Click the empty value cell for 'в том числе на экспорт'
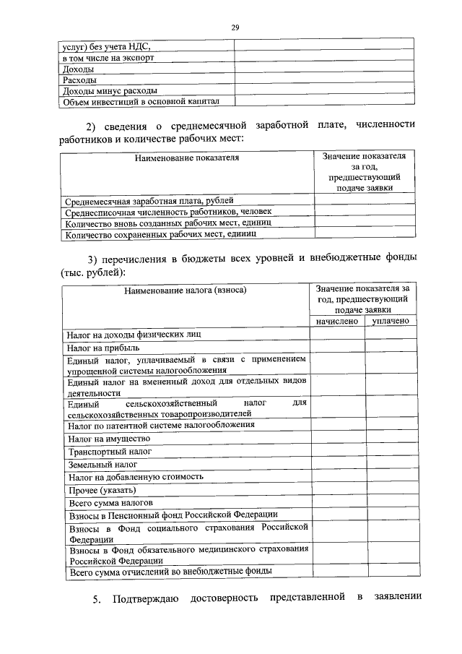coord(323,57)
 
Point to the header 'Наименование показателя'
coord(186,157)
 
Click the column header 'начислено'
coord(337,321)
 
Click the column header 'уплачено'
coord(391,321)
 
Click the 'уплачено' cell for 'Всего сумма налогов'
coord(391,502)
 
